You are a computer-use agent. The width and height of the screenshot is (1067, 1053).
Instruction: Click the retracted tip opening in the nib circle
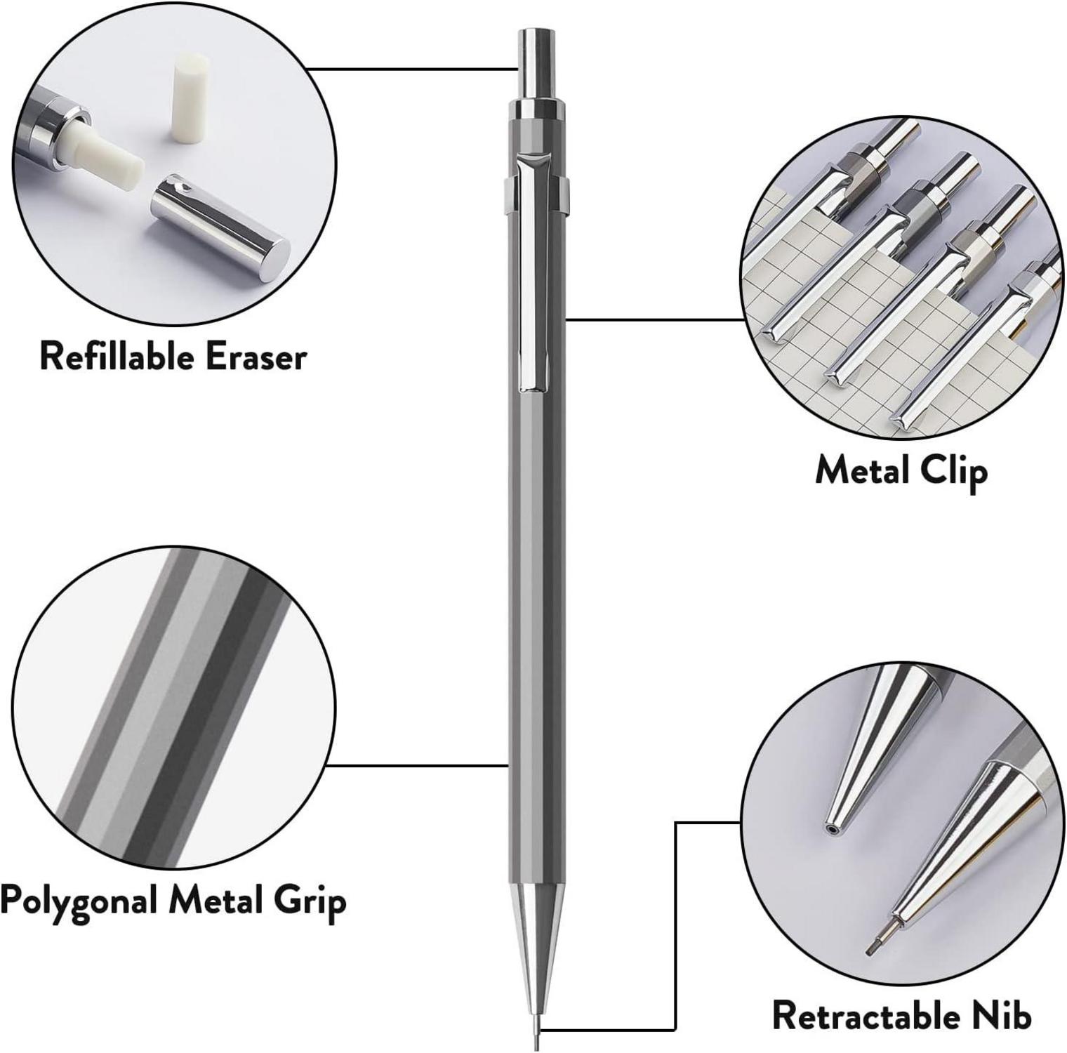tap(833, 828)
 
